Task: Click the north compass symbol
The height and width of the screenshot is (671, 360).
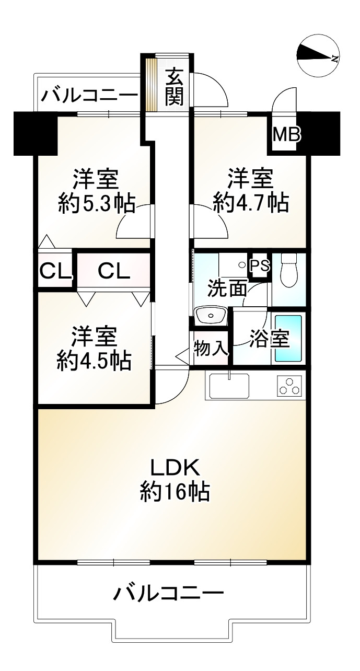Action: click(318, 56)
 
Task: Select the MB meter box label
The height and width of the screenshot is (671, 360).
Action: click(287, 135)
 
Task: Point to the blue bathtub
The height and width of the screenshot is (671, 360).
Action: click(288, 338)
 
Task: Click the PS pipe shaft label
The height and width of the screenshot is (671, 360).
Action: click(260, 265)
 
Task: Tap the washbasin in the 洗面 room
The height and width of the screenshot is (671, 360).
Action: click(210, 315)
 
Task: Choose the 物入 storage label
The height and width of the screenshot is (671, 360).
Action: click(211, 349)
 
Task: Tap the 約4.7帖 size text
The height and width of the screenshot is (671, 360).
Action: click(251, 202)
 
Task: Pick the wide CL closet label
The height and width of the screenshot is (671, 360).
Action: click(114, 271)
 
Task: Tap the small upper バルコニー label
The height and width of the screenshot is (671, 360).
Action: click(90, 95)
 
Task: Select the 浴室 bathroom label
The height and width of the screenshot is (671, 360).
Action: click(269, 339)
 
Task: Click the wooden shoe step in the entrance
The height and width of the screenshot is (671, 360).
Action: click(151, 84)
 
